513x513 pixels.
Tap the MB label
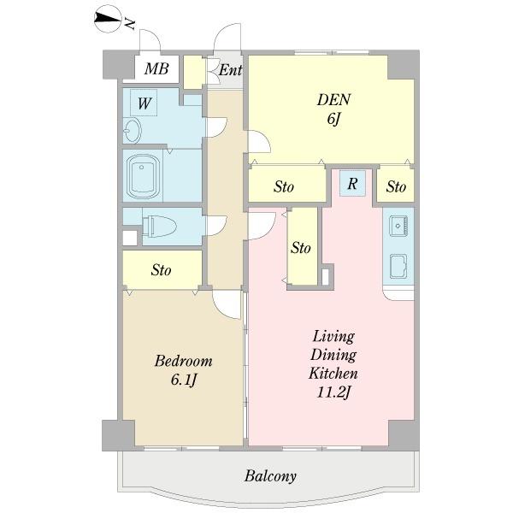pos(156,68)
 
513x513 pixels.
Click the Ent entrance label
pos(230,70)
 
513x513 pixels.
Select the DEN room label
pos(333,99)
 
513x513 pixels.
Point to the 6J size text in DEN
pos(333,119)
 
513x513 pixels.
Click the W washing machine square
pos(144,103)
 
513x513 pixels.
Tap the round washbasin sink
pos(133,131)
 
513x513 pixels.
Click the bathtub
pos(143,175)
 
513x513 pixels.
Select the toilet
pos(159,226)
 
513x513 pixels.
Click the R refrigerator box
pos(352,183)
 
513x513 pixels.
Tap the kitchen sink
pos(398,226)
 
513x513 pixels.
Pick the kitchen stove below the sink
pos(398,266)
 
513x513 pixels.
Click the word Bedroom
pos(183,361)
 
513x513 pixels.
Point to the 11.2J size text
pos(333,392)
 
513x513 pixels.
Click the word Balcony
pos(270,476)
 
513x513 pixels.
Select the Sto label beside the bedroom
pos(161,270)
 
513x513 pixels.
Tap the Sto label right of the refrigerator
pos(396,186)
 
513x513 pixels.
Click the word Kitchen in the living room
pos(333,374)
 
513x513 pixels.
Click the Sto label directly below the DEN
pos(284,186)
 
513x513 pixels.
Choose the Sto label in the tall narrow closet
pos(301,248)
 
